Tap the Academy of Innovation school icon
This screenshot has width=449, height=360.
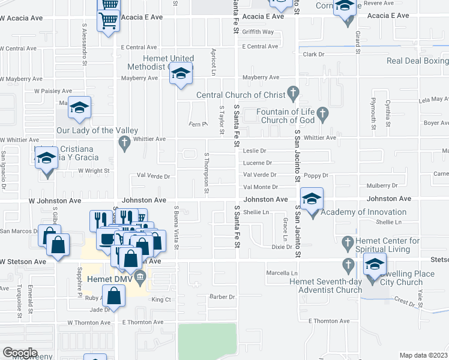[x=312, y=199]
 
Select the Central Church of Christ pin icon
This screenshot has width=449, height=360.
[x=293, y=94]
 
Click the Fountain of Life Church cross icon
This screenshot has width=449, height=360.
[x=322, y=113]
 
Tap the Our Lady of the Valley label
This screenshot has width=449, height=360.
[x=97, y=130]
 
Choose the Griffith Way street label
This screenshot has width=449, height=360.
[x=258, y=32]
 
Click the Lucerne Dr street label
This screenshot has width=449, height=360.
[x=258, y=163]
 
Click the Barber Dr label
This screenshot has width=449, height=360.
[x=221, y=296]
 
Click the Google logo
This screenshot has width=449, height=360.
[x=19, y=353]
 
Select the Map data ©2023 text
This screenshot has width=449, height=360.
[x=423, y=355]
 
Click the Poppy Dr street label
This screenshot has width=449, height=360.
[x=316, y=175]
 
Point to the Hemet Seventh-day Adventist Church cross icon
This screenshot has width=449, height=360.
[x=347, y=265]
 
